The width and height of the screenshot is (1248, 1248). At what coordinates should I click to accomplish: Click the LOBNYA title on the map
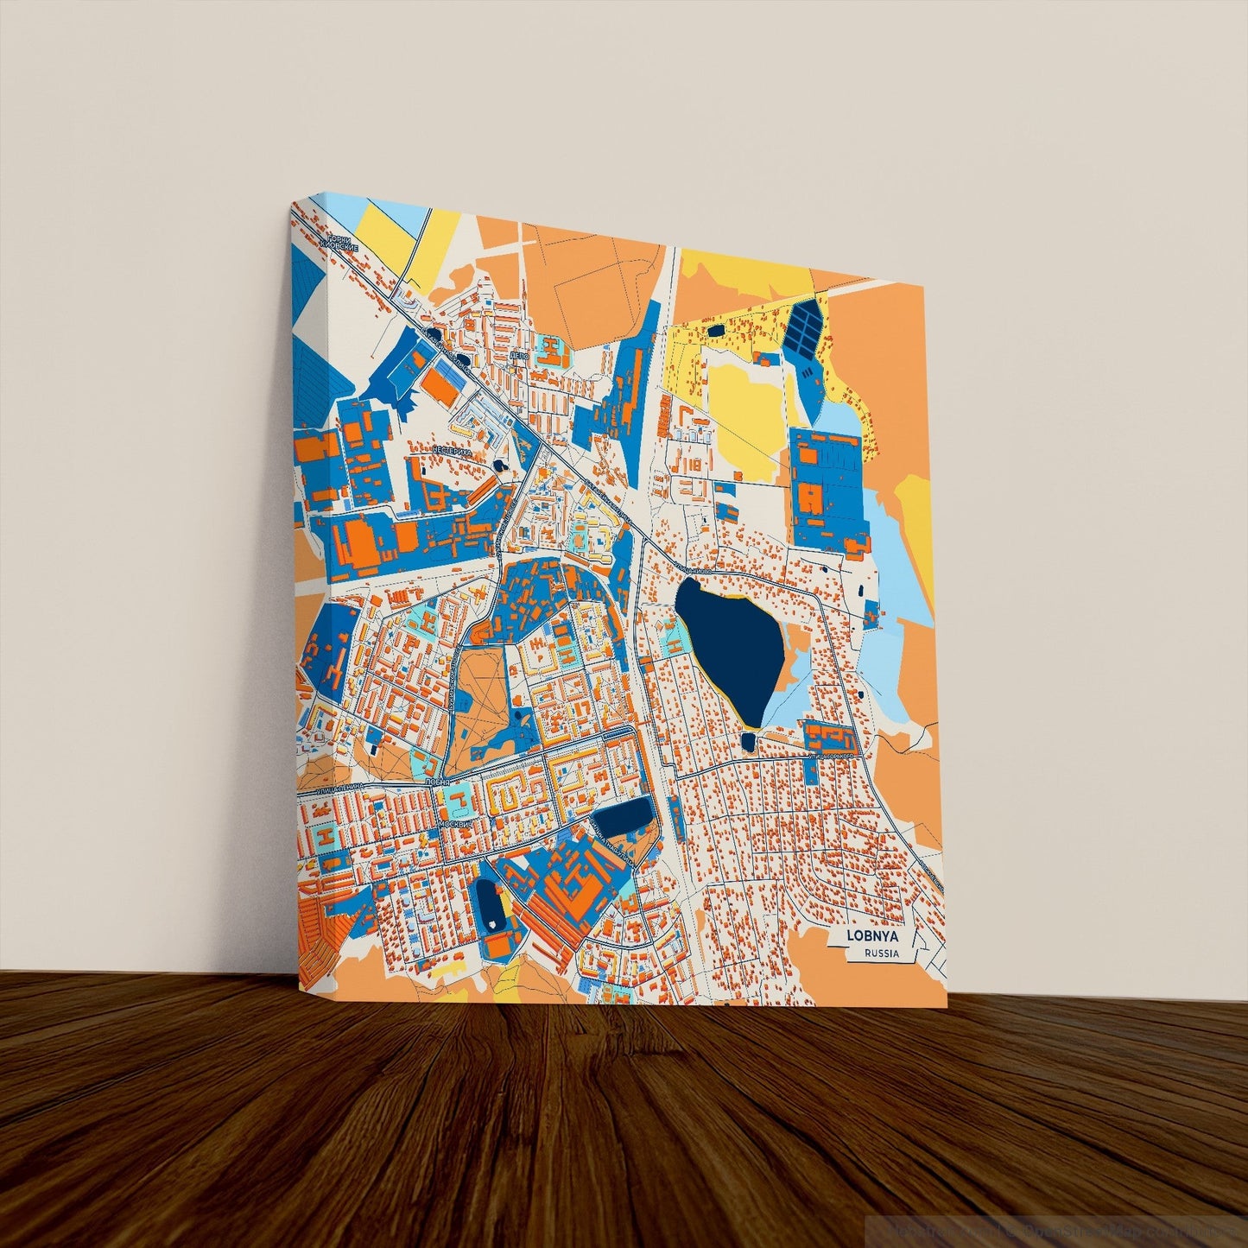873,935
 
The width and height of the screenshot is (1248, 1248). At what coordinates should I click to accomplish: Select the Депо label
518,355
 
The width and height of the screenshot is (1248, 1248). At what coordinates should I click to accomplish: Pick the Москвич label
455,825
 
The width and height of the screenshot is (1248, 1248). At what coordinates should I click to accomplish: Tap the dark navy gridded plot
803,327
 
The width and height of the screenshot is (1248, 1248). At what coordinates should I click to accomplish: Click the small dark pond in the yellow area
716,329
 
